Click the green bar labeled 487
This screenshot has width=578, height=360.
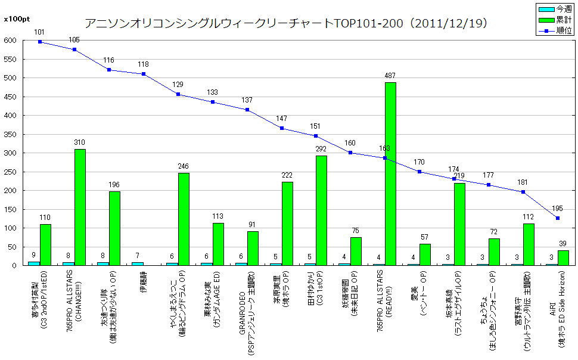[390, 173]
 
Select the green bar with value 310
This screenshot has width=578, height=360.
[80, 207]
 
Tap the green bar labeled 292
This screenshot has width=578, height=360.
[321, 210]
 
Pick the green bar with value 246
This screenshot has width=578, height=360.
[184, 219]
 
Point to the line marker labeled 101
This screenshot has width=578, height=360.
[40, 42]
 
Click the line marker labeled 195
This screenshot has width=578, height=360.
[558, 218]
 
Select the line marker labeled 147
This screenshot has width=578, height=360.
[281, 128]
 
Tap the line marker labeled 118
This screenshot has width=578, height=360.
[144, 74]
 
